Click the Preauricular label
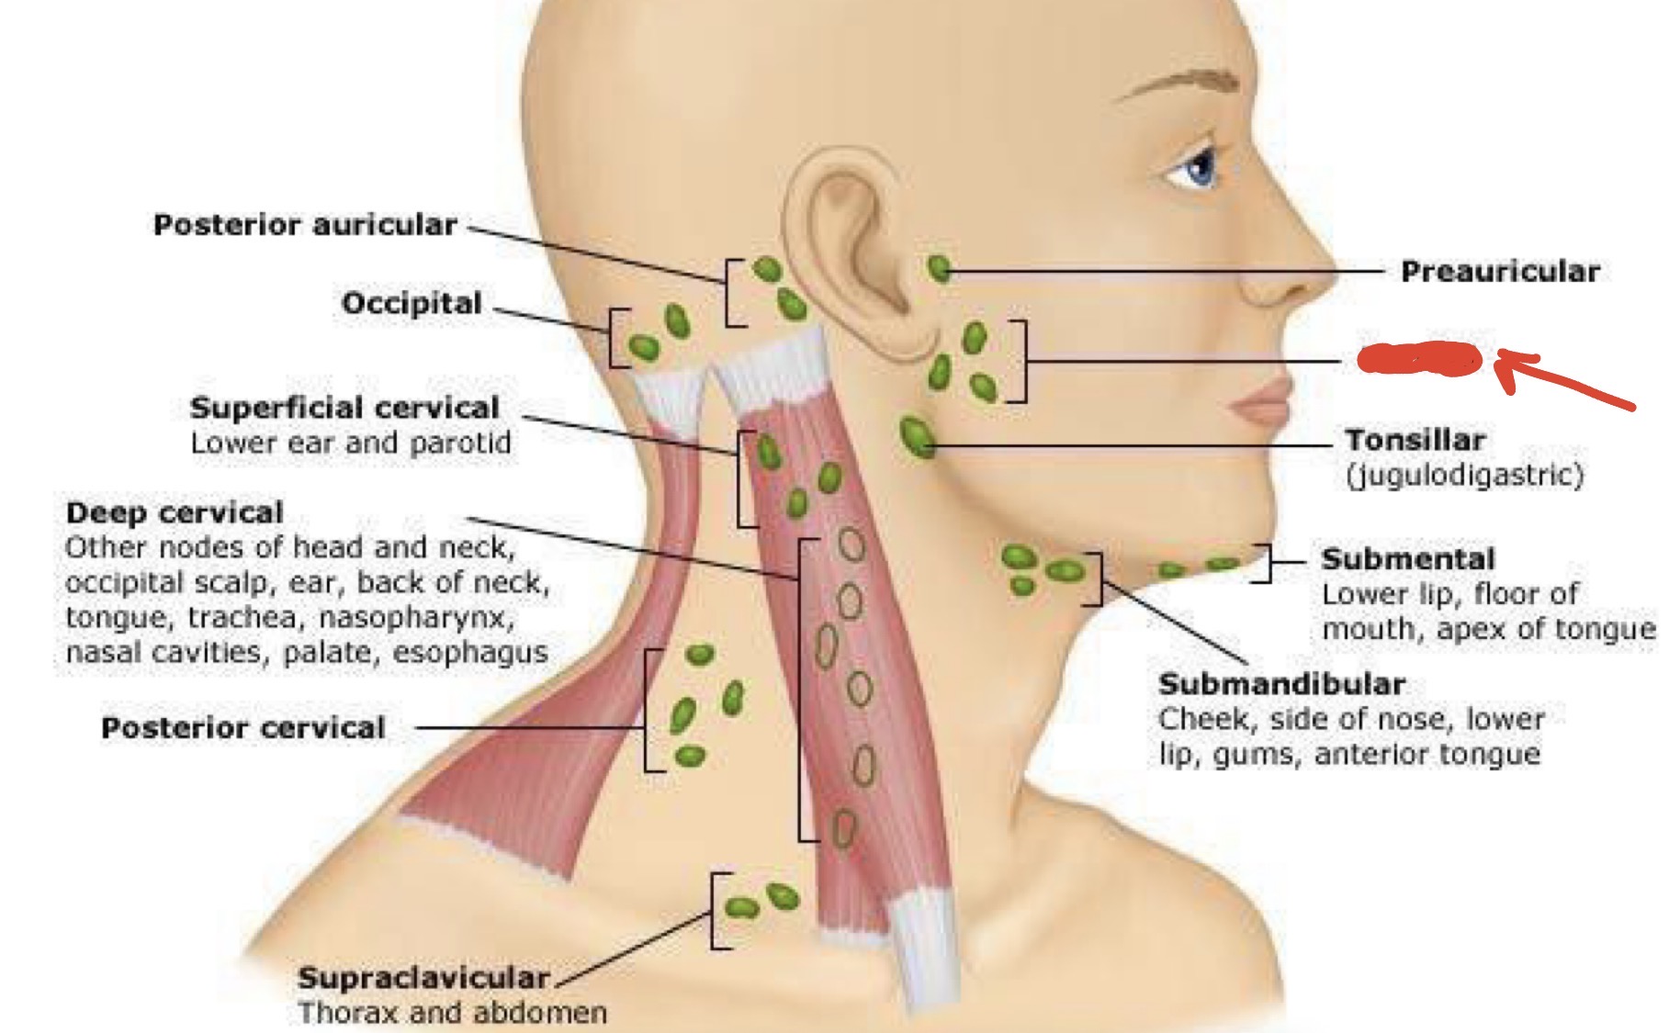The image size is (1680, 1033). [x=1500, y=272]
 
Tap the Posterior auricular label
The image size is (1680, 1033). [x=305, y=225]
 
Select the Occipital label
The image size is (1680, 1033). [x=412, y=303]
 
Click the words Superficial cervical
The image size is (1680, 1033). [x=344, y=408]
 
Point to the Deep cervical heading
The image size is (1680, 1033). [x=175, y=512]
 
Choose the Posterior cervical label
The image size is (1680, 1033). [x=243, y=728]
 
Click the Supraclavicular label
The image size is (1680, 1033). [x=423, y=978]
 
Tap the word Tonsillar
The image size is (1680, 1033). [x=1415, y=440]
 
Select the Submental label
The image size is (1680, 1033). [x=1408, y=558]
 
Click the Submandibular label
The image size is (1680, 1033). [x=1281, y=684]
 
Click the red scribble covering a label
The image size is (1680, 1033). [x=1419, y=359]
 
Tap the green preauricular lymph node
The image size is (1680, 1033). [x=939, y=269]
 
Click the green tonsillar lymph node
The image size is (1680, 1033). [x=916, y=436]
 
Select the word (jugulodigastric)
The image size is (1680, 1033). [x=1464, y=476]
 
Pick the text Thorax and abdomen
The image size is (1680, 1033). [x=453, y=1013]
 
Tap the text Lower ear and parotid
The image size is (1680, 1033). [x=350, y=444]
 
